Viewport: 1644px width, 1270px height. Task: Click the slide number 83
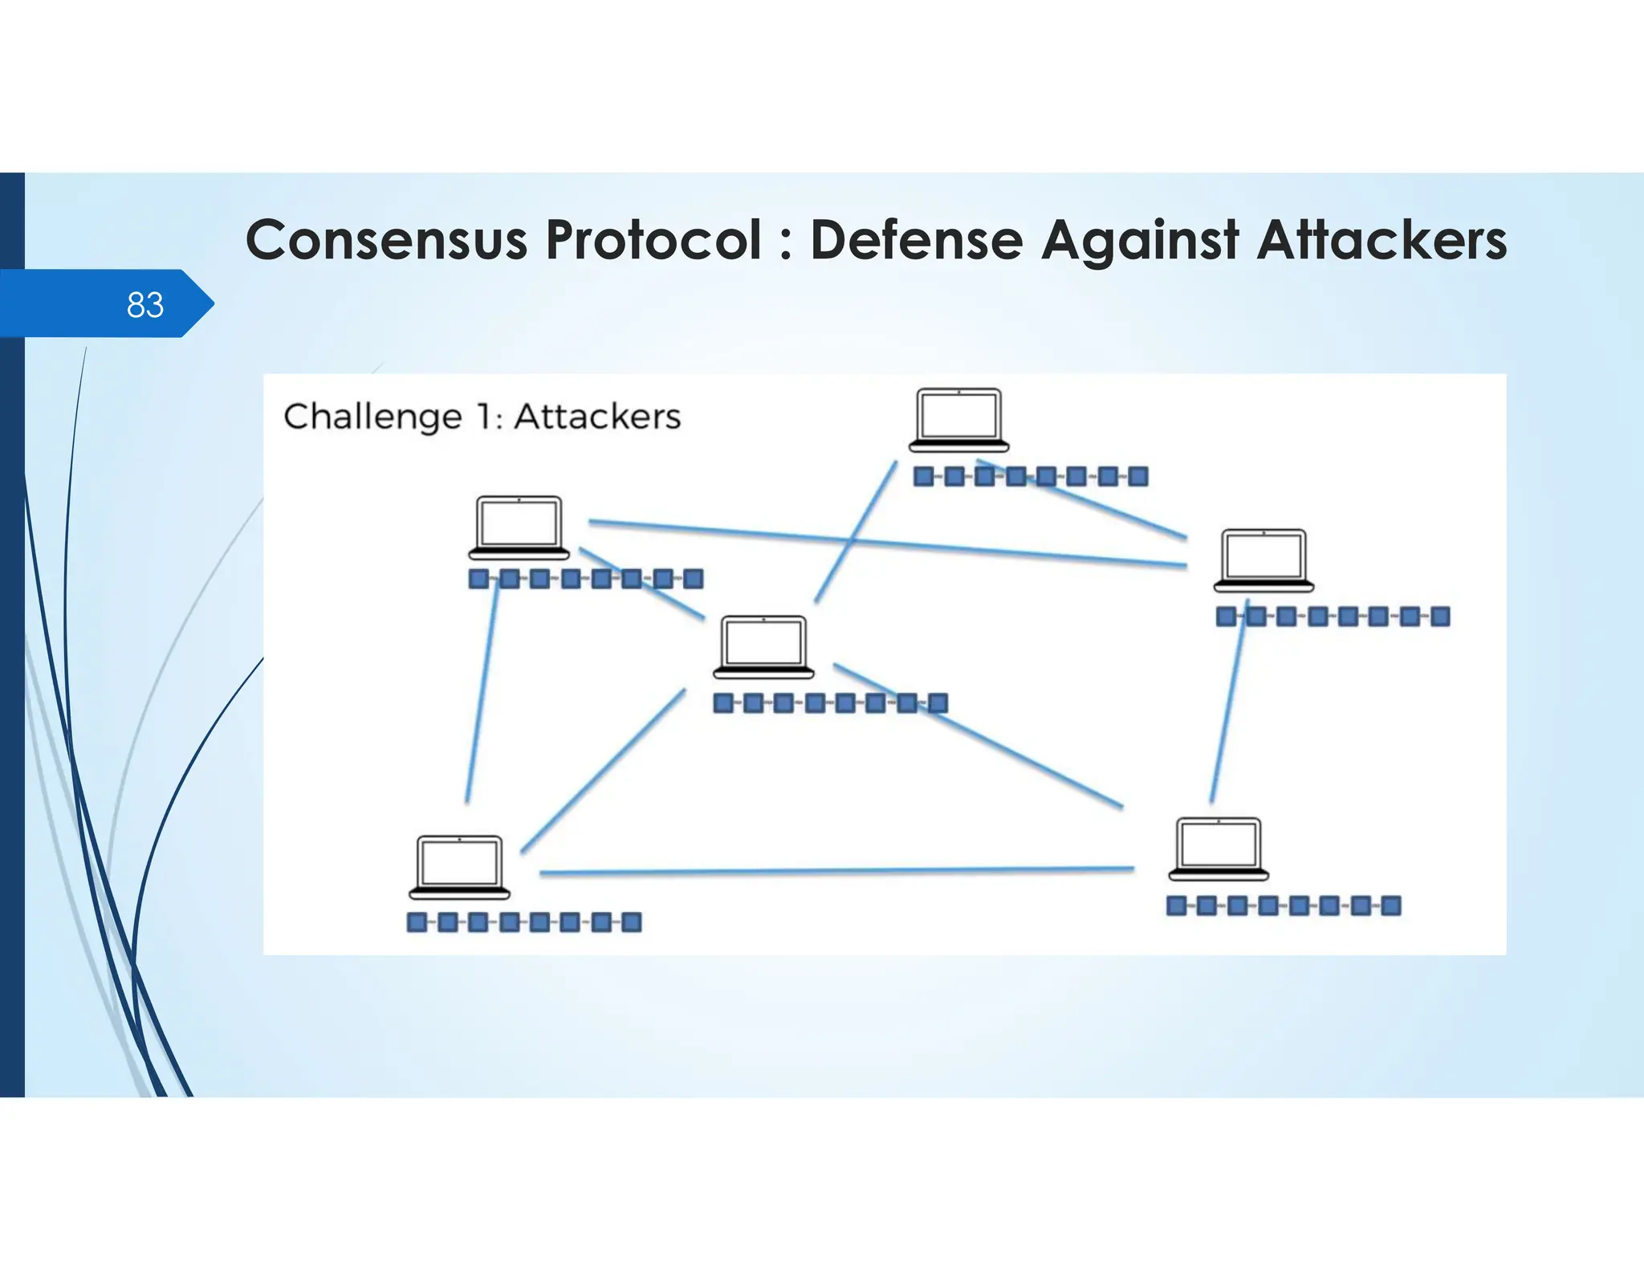(145, 305)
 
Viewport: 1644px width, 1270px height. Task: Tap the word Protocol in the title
(653, 240)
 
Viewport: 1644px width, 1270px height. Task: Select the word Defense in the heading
(916, 240)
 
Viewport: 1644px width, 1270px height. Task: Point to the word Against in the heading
(1140, 242)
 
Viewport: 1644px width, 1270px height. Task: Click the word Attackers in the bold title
(1382, 240)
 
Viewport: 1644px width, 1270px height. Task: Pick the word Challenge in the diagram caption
(372, 417)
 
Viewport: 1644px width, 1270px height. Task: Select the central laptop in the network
(763, 647)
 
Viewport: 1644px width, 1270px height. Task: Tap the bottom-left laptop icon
(459, 867)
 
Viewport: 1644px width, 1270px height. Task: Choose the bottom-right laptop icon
(1218, 849)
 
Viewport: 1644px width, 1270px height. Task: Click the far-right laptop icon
(1264, 560)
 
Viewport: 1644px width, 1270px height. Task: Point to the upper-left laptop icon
(519, 527)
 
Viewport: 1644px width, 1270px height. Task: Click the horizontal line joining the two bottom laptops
(835, 871)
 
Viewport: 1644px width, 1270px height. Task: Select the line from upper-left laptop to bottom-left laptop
(482, 690)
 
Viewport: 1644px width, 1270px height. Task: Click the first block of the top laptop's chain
(924, 477)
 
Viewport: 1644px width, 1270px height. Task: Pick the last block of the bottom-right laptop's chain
(1391, 906)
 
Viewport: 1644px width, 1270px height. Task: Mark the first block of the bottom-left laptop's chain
(417, 922)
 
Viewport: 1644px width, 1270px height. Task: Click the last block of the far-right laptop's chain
(1440, 617)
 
